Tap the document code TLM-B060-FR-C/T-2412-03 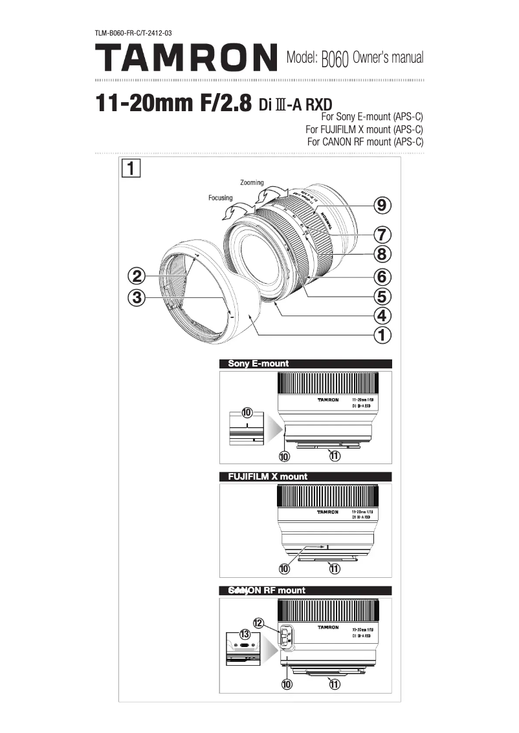pos(133,32)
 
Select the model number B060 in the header pos(335,59)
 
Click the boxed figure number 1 pos(130,169)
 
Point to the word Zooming pos(252,183)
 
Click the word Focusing pos(220,198)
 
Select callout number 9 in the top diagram pos(382,206)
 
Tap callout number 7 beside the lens pos(382,233)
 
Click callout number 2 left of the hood pos(136,277)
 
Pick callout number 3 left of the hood pos(136,297)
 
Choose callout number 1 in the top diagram pos(382,334)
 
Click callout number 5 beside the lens pos(382,296)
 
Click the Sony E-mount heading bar pos(306,363)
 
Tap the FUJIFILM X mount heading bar pos(306,476)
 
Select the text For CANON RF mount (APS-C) pos(365,142)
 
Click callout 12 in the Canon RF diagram pos(258,623)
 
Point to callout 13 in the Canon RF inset pos(245,633)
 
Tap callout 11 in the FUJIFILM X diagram pos(335,569)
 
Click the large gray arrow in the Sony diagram pos(275,429)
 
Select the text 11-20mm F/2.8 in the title pos(173,103)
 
